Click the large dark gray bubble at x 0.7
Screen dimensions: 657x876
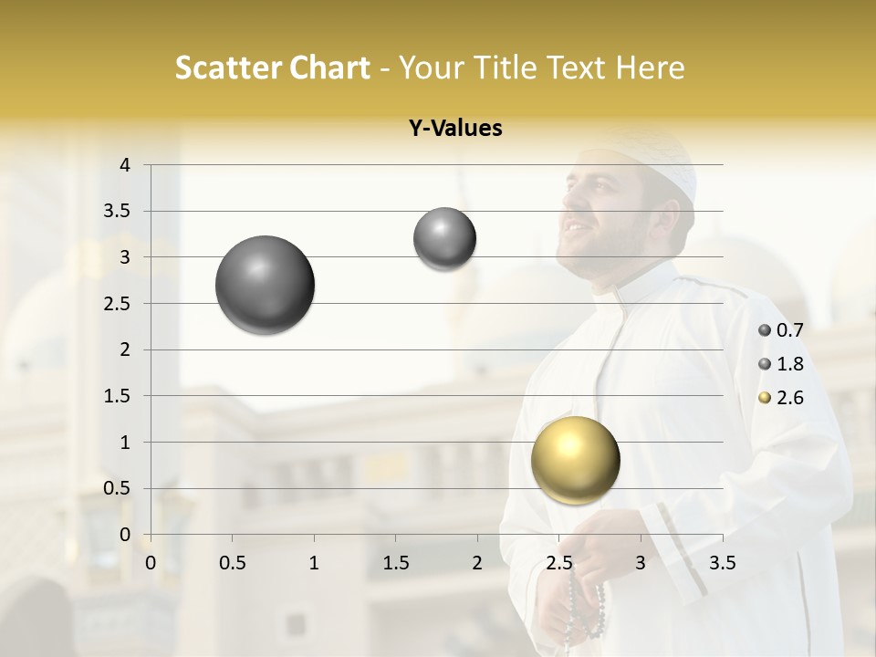tap(265, 285)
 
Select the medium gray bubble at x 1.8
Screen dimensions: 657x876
tap(444, 239)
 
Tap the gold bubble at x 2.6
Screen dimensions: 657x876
tap(575, 460)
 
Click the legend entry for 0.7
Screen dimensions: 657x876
tap(781, 330)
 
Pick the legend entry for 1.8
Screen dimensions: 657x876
tap(781, 364)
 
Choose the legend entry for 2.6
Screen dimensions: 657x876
tap(781, 398)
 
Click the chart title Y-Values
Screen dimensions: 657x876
tap(455, 129)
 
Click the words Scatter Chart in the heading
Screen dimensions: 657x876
tap(272, 68)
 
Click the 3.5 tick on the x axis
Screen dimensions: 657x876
tap(722, 563)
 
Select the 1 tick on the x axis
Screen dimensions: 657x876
tap(314, 563)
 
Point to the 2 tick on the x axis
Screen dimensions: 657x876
tap(477, 563)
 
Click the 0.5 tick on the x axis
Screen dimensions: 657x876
tap(233, 563)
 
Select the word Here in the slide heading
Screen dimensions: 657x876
tap(650, 68)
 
